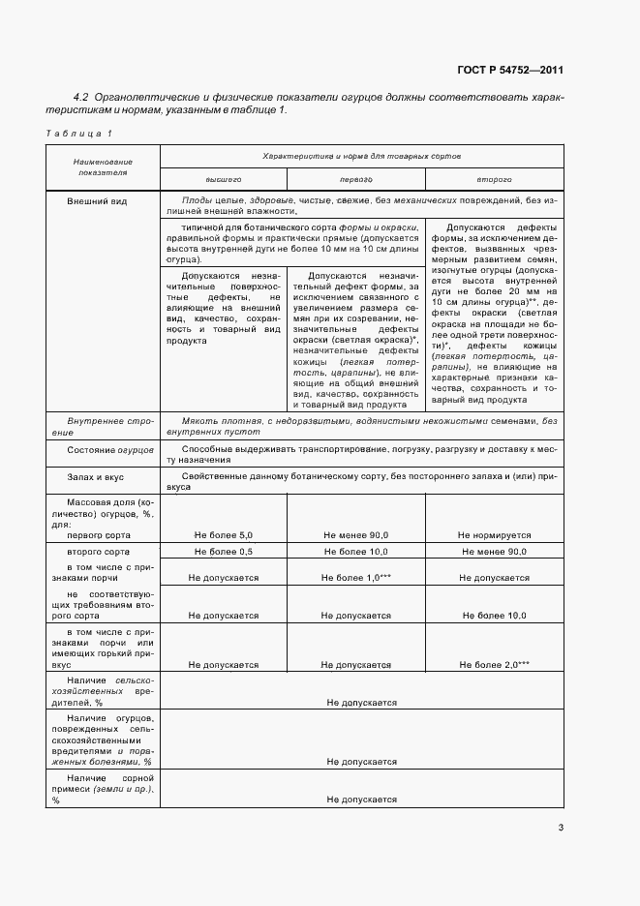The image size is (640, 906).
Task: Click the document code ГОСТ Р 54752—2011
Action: tap(510, 70)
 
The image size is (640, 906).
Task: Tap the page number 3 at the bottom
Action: tap(561, 827)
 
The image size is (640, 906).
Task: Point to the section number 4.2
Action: tap(81, 97)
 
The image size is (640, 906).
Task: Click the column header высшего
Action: tap(223, 179)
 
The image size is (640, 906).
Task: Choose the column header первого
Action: tap(355, 179)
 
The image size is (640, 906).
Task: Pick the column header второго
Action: tap(494, 179)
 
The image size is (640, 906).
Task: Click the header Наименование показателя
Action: tap(103, 166)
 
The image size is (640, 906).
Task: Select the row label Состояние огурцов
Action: tap(106, 450)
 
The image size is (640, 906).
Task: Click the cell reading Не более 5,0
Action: tap(223, 534)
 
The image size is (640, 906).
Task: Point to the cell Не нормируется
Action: tap(494, 534)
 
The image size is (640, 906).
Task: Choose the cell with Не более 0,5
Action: tap(223, 551)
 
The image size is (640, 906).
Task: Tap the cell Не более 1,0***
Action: tap(355, 577)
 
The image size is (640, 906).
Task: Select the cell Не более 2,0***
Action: tap(494, 664)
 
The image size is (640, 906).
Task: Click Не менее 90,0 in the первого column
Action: tap(355, 534)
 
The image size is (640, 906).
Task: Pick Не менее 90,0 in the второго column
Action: tap(494, 551)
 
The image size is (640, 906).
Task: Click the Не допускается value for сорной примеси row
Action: tap(361, 800)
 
